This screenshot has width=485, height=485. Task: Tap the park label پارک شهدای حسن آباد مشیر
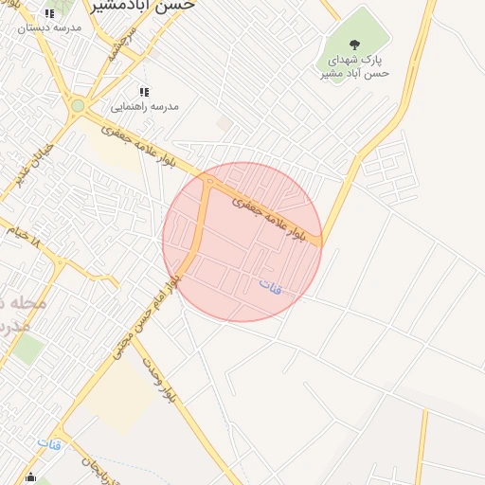[354, 65]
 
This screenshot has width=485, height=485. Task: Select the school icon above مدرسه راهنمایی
[144, 92]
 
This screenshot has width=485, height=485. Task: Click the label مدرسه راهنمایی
[144, 107]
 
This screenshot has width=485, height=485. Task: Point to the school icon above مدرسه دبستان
[49, 14]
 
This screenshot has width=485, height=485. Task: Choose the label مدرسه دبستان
[49, 28]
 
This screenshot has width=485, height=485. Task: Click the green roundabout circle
[77, 106]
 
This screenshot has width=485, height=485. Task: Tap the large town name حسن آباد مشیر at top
[144, 5]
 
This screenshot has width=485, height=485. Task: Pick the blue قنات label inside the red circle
[271, 283]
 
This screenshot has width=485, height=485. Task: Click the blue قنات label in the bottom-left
[49, 442]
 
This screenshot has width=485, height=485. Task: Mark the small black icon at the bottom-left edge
[31, 477]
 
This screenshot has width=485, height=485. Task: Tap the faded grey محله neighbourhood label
[23, 313]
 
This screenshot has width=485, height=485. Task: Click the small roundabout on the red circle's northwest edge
[208, 180]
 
